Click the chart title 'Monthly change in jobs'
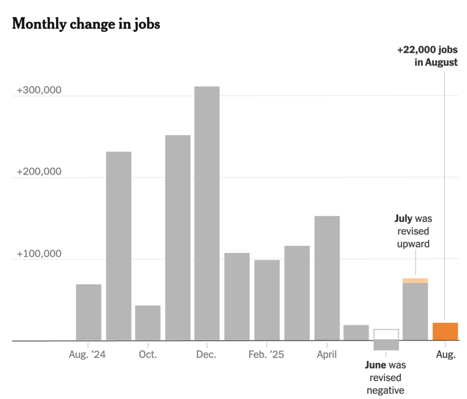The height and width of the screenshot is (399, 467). pos(86,23)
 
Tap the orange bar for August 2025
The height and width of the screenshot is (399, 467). pos(445,332)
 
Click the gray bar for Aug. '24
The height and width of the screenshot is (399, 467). pos(88,312)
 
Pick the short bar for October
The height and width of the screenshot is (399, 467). pos(148,323)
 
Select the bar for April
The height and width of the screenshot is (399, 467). pos(327,278)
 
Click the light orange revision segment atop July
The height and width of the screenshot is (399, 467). pos(415,281)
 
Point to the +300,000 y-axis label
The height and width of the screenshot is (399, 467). pos(39,90)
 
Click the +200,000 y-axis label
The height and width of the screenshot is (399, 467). pos(39,172)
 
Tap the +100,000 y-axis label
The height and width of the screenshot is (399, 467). pos(39,254)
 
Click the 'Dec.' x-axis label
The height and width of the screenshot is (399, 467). pos(207,354)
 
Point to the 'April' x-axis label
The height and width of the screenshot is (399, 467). pos(327,354)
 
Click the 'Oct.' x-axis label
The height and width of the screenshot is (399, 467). pos(148,354)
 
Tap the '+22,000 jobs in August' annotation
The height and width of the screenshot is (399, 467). pos(427,56)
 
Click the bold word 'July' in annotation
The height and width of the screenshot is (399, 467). pos(403,219)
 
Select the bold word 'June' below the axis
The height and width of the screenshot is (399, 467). pos(376,365)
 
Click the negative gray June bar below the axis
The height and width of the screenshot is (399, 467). pos(386,345)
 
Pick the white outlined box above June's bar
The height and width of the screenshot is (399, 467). pos(386,334)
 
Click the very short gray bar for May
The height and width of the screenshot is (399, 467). pos(356,333)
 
